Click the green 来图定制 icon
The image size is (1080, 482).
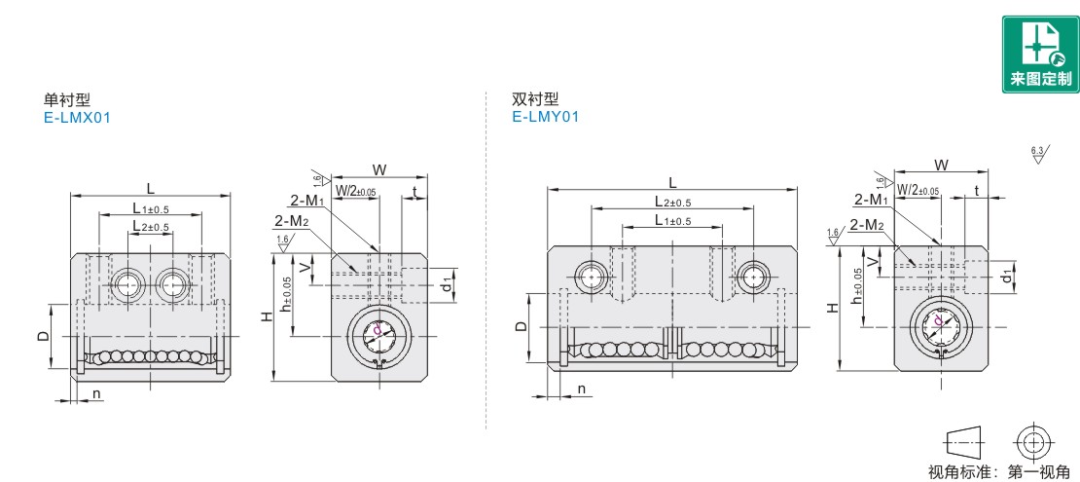point(1039,56)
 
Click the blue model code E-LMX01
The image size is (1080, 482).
point(78,117)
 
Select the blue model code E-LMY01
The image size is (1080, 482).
point(546,117)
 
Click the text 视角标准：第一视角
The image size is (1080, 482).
point(1003,472)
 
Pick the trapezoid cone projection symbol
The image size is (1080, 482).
point(964,441)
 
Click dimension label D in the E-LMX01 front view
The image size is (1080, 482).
point(43,335)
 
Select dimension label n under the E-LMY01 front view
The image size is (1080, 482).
point(581,389)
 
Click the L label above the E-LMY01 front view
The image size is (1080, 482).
point(672,181)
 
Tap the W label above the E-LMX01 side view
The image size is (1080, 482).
point(378,169)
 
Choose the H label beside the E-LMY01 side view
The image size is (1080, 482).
point(832,308)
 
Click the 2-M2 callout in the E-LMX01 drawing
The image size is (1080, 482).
point(291,222)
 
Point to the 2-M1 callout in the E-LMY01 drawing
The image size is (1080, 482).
point(871,200)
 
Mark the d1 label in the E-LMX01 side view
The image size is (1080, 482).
point(447,284)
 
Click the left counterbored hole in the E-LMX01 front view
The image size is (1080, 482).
point(126,284)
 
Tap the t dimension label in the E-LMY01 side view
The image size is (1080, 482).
point(977,190)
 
